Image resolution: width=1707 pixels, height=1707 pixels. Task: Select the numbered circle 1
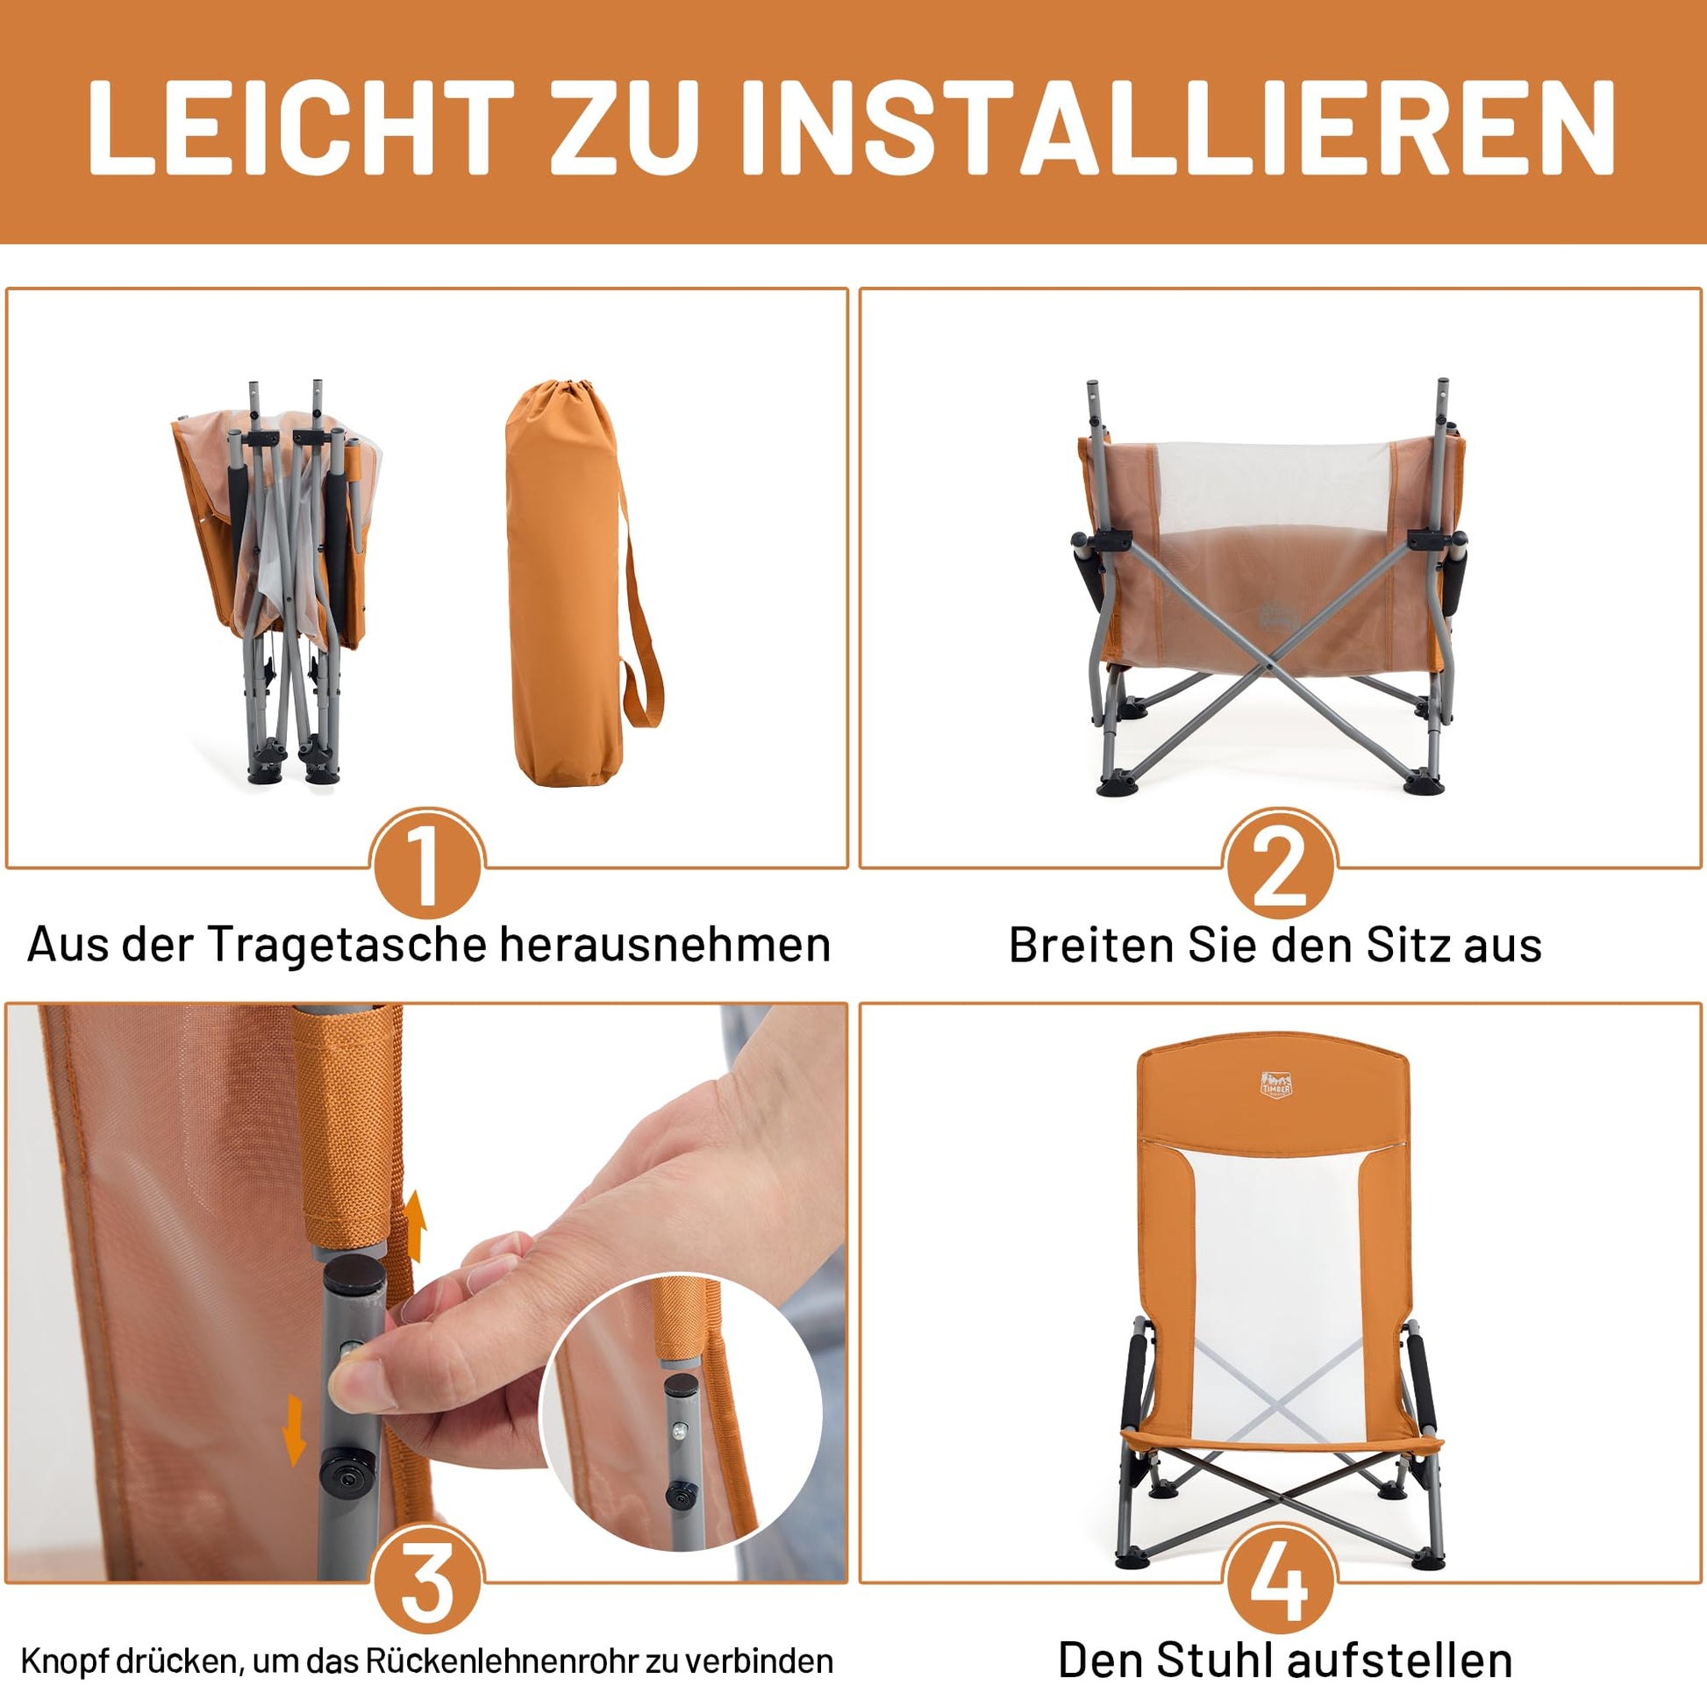tap(425, 865)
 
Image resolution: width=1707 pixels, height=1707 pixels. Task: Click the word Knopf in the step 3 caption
tap(59, 1661)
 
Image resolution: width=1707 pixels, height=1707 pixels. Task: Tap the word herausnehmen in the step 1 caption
tap(665, 946)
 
